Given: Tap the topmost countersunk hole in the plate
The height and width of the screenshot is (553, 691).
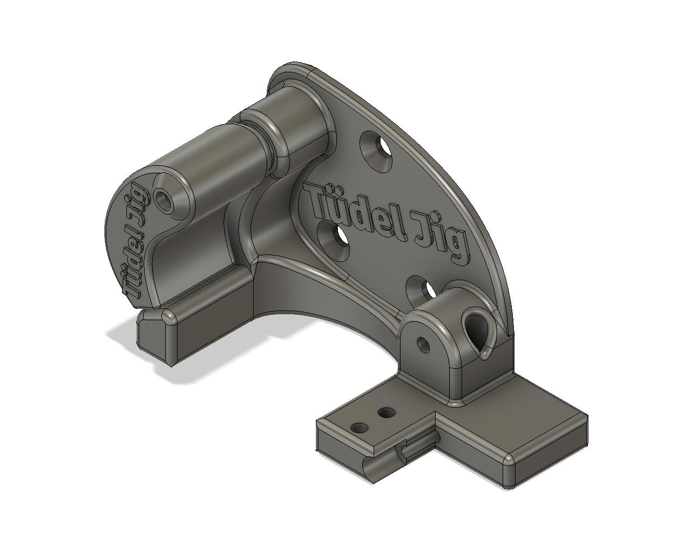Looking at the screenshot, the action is [x=376, y=151].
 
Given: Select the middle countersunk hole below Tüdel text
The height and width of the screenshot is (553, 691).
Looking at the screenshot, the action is [x=334, y=241].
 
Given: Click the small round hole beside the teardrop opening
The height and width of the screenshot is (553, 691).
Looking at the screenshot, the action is [x=423, y=344].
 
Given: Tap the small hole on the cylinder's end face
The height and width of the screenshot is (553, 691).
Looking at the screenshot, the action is [x=165, y=201].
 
